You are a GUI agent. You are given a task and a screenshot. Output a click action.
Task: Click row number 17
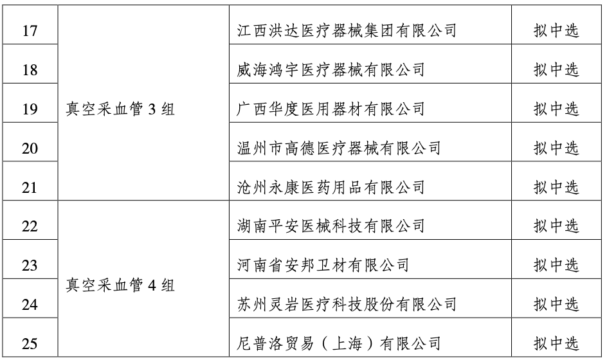[x=30, y=31]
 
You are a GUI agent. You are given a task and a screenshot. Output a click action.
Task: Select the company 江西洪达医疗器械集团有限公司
[x=347, y=31]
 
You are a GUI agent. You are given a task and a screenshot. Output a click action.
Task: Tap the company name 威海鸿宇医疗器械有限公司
[x=331, y=69]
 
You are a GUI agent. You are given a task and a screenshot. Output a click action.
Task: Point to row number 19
[x=30, y=109]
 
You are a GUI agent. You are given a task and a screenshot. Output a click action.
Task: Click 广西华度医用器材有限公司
[x=331, y=109]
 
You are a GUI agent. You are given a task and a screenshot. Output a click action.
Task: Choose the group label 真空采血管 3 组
[x=120, y=109]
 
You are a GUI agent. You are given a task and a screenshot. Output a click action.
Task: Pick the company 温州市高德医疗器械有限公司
[x=339, y=148]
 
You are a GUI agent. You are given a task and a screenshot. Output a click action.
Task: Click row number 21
[x=30, y=188]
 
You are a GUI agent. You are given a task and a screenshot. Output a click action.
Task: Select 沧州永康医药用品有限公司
[x=331, y=187]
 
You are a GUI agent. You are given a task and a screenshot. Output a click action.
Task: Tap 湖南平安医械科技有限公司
[x=331, y=226]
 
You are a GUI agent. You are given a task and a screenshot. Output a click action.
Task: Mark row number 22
[x=30, y=226]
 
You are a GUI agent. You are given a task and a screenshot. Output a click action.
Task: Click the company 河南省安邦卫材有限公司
[x=323, y=265]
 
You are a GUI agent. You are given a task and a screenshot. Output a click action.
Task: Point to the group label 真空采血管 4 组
[x=120, y=285]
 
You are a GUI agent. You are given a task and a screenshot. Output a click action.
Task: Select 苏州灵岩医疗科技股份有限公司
[x=347, y=304]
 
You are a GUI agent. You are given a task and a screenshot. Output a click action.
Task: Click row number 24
[x=30, y=305]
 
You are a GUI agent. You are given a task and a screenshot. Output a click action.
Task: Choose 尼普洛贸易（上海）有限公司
[x=339, y=343]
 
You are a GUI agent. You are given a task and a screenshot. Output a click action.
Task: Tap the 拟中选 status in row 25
[x=556, y=343]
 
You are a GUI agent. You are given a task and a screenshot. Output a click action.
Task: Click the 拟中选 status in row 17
[x=556, y=31]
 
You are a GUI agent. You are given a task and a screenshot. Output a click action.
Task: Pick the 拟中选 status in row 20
[x=556, y=148]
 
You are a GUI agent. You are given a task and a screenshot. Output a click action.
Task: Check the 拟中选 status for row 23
[x=556, y=265]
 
